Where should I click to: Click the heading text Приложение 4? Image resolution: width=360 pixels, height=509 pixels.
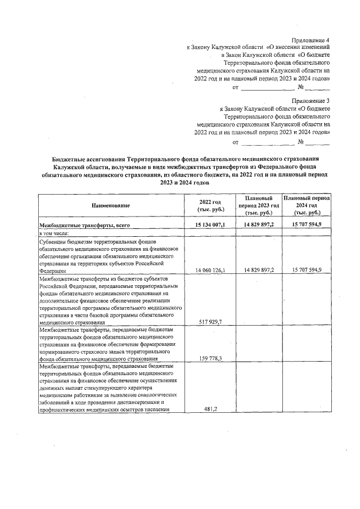pos(310,40)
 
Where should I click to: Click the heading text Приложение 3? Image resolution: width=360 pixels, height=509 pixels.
pos(310,100)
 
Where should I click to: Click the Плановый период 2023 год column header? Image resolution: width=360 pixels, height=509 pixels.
pos(259,206)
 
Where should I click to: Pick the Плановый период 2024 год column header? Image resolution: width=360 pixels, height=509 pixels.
pos(307,206)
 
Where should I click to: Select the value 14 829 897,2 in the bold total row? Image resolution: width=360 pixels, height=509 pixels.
pos(259,225)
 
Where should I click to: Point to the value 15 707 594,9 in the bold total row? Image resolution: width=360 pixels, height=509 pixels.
pos(307,225)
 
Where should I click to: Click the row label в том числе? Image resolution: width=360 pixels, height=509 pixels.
pos(54,232)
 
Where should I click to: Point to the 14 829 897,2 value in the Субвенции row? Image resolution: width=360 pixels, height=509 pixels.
pos(259,271)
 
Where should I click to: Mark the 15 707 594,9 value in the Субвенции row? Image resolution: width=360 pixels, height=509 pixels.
pos(307,271)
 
